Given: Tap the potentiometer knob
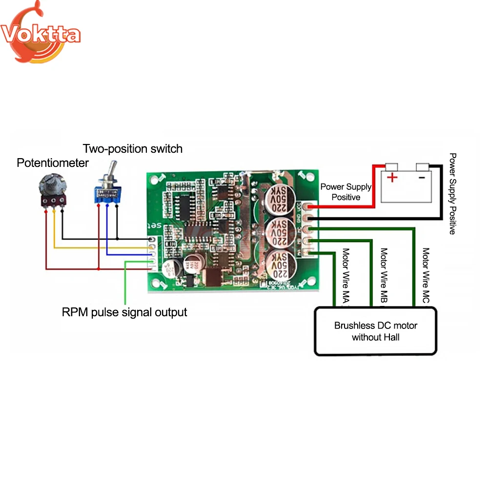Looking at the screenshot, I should click(50, 186).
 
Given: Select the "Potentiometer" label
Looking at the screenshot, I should click(53, 163).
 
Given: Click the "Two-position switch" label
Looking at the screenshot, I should click(132, 148).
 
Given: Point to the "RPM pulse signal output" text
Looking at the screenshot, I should click(124, 312).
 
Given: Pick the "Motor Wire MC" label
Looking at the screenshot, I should click(426, 276).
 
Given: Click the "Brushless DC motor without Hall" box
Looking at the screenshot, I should click(376, 331).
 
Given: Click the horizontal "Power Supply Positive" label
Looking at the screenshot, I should click(346, 192).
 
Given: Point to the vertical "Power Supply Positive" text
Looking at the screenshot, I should click(452, 194).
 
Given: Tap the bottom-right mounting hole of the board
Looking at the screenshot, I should click(309, 282).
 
